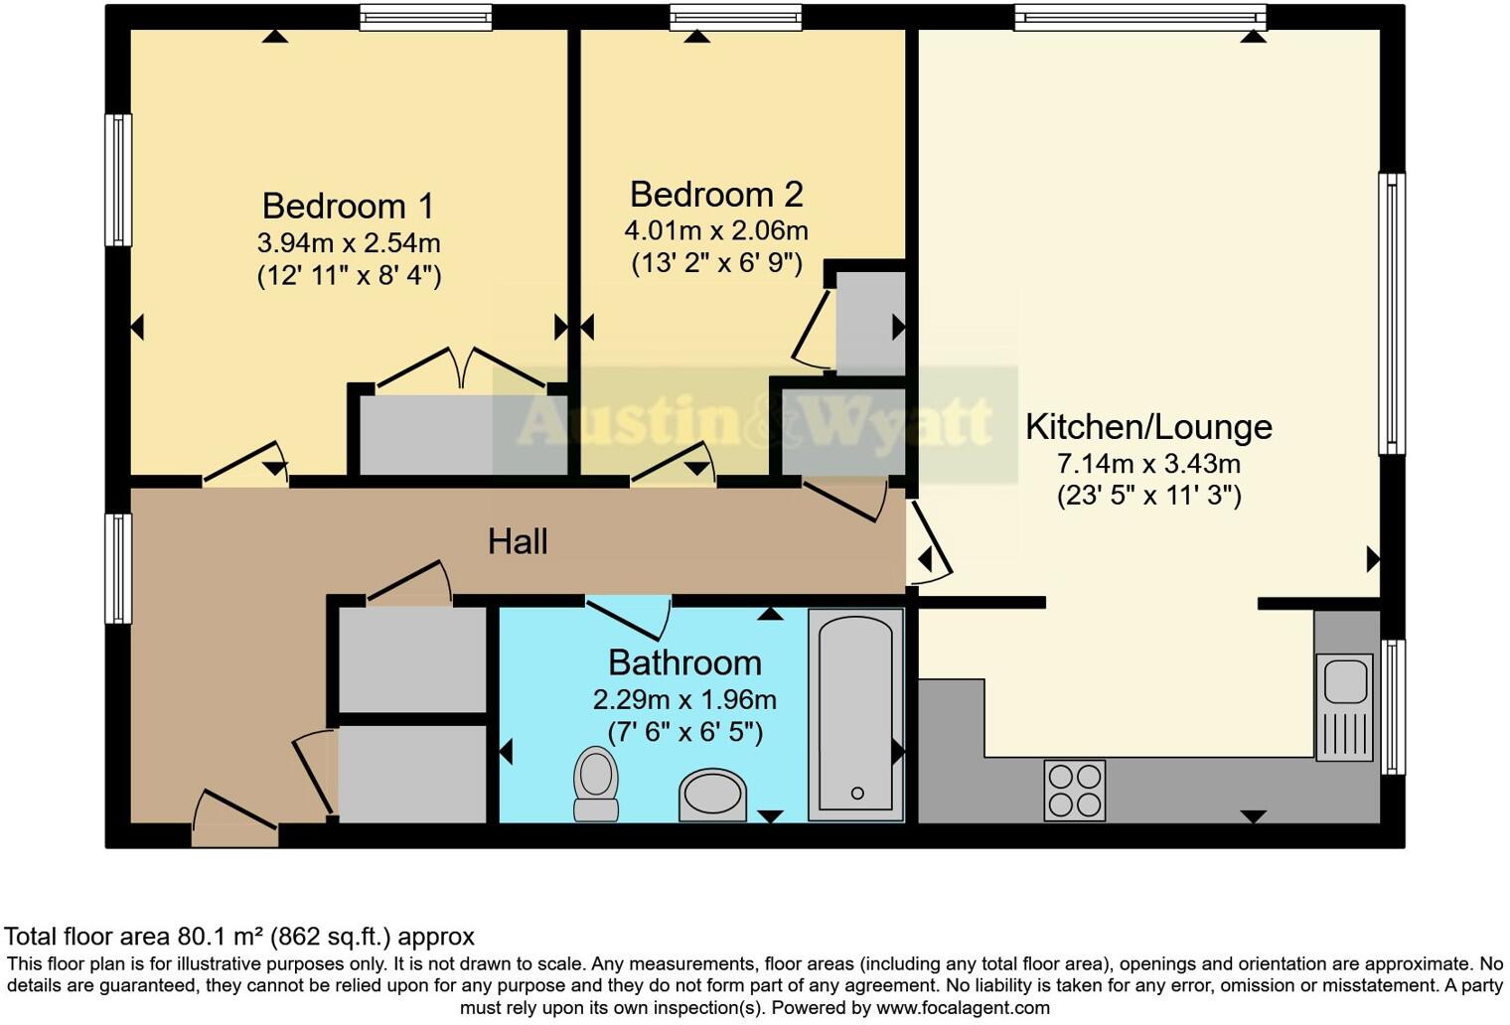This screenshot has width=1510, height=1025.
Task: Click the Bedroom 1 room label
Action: (348, 206)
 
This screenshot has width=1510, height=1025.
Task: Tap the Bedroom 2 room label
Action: (715, 194)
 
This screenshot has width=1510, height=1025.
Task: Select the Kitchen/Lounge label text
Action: (1148, 426)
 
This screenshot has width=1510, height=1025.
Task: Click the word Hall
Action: (518, 541)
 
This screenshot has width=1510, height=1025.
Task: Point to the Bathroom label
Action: (684, 662)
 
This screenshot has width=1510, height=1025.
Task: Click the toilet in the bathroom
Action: (596, 784)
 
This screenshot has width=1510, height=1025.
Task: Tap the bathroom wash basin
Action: (712, 796)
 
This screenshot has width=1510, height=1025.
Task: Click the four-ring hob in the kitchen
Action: (1074, 791)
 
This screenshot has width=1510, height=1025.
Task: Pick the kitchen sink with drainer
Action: (1345, 706)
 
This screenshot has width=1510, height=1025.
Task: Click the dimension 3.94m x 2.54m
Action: (349, 242)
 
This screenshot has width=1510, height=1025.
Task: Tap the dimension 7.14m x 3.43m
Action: (1148, 463)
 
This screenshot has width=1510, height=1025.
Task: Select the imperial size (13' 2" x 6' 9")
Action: (716, 263)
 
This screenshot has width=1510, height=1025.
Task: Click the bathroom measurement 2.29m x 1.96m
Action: (684, 699)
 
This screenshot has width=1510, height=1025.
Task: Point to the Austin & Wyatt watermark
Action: (755, 423)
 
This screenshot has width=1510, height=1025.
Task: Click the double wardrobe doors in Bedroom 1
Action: (460, 367)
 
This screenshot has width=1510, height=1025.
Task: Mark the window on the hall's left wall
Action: (118, 568)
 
